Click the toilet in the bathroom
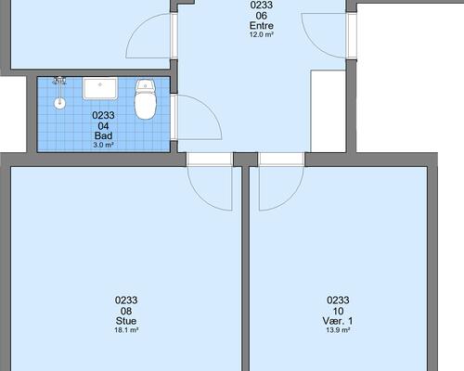[145, 99]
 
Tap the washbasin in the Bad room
[100, 88]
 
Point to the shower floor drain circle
[59, 103]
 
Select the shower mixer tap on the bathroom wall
[59, 81]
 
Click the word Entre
[262, 25]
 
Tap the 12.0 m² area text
[262, 34]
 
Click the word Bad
[103, 135]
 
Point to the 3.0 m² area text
[103, 145]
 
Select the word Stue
[126, 321]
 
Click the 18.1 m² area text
[126, 330]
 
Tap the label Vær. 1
[338, 321]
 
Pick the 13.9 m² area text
[338, 330]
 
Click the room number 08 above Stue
[126, 311]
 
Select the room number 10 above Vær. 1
[338, 311]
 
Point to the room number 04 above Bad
[103, 126]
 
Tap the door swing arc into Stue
[201, 198]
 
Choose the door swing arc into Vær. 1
[290, 198]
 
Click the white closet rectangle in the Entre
[329, 111]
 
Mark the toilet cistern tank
[146, 84]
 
